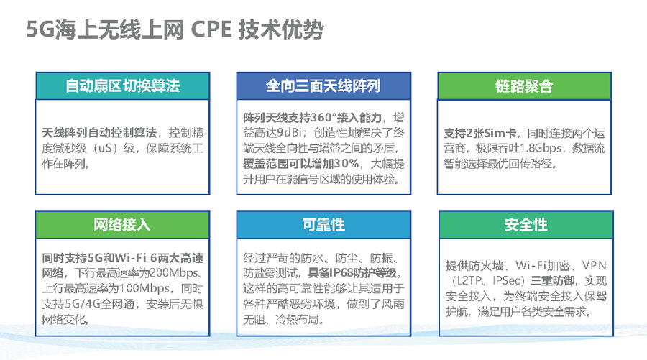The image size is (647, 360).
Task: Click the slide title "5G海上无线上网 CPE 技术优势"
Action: click(175, 29)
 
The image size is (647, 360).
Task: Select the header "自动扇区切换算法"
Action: click(122, 86)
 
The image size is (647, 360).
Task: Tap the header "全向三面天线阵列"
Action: click(323, 86)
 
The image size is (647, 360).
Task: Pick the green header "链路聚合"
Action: click(524, 86)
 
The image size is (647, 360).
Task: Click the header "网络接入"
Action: click(122, 225)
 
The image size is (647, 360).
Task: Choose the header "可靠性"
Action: click(323, 225)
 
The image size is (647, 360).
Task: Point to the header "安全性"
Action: click(526, 225)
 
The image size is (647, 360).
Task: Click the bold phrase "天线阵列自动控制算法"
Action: click(99, 133)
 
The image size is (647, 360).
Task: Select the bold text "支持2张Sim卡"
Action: click(480, 133)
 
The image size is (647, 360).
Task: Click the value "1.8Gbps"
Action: click(541, 149)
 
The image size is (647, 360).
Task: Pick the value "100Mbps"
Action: click(144, 288)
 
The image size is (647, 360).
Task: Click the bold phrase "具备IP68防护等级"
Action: click(352, 273)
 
